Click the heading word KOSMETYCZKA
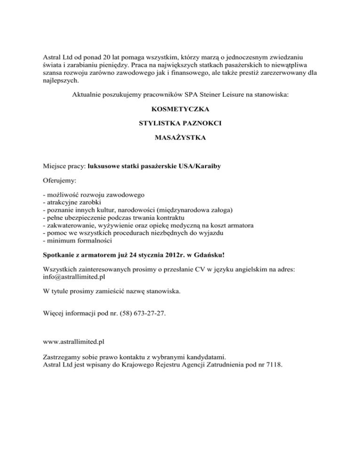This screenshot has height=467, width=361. (180, 109)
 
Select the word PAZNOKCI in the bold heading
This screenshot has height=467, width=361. (201, 124)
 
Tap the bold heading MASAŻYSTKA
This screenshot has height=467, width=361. (180, 138)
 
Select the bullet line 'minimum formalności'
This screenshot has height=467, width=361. (77, 241)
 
